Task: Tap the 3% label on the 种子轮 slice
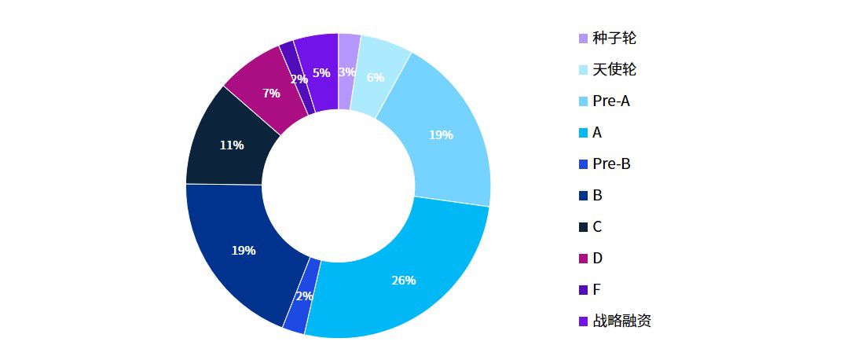[346, 72]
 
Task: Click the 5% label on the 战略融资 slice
[321, 73]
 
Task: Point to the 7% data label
[271, 93]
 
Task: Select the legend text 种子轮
[614, 38]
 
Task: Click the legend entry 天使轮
[614, 69]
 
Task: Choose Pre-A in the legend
[611, 101]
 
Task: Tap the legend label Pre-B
[611, 163]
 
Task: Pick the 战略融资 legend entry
[621, 321]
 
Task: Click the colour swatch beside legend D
[583, 259]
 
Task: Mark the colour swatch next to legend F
[583, 290]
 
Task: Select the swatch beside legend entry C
[583, 227]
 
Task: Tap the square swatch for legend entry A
[583, 133]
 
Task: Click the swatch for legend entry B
[583, 196]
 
